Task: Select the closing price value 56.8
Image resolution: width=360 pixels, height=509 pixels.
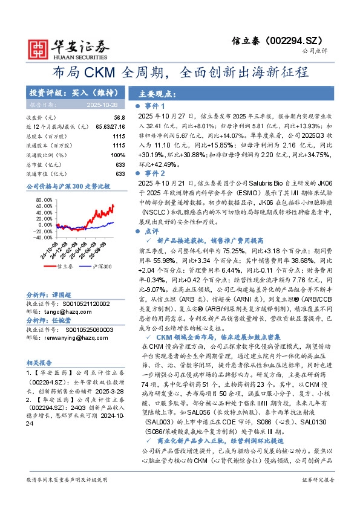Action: [119, 117]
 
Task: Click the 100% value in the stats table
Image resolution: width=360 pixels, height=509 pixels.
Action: [118, 155]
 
